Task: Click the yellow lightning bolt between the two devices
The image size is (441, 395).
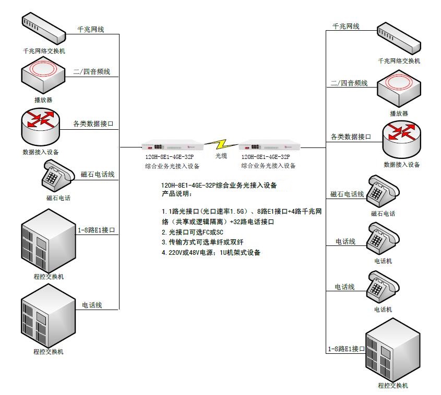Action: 221,144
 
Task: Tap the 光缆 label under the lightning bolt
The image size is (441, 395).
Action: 221,156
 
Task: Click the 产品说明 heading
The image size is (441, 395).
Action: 176,194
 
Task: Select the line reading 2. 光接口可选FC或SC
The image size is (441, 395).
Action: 193,232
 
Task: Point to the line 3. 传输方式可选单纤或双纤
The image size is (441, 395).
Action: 202,242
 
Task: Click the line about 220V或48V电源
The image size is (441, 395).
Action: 211,252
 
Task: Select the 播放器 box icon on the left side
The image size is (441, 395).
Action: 43,75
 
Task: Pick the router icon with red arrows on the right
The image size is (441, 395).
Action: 402,139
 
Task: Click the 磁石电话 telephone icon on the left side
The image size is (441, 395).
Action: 57,176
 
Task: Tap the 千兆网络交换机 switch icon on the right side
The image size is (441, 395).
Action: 399,39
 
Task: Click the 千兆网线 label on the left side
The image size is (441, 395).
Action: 91,30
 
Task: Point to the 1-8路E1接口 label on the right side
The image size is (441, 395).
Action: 346,349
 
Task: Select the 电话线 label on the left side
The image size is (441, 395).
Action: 92,305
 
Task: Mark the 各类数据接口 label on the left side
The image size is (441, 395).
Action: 93,124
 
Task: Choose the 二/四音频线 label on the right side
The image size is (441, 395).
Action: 349,83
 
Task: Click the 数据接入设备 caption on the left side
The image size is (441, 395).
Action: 41,152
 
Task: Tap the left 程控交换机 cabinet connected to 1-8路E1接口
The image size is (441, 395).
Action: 49,240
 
